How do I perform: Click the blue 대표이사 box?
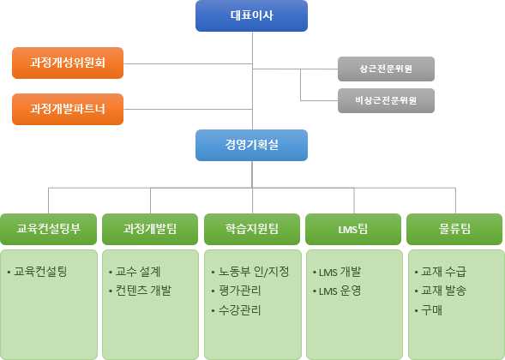coord(251,15)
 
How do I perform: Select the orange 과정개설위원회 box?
coord(68,63)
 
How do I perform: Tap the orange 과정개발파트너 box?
coord(68,109)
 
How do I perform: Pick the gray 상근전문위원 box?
coord(386,69)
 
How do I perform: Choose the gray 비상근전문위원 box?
coord(386,101)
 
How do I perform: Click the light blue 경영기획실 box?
coord(251,145)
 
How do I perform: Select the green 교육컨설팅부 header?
coord(48,229)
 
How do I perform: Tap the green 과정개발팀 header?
coord(150,229)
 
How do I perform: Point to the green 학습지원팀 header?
coord(252,229)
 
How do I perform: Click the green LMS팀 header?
coord(353,229)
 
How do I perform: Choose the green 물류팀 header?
coord(454,229)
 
